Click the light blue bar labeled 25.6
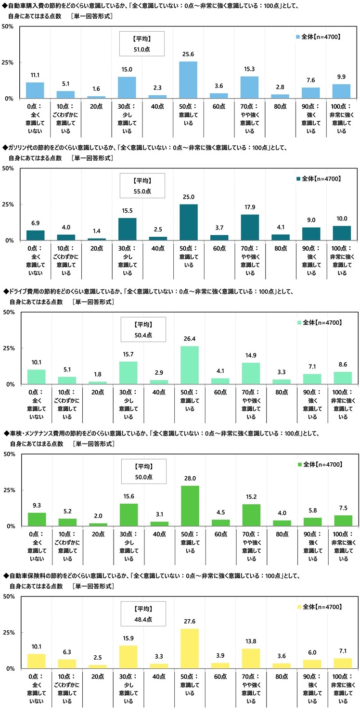click(x=188, y=80)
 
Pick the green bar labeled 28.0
click(x=190, y=506)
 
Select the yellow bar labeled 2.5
click(x=98, y=666)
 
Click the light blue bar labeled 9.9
click(x=342, y=91)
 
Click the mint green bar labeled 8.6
click(x=343, y=378)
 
